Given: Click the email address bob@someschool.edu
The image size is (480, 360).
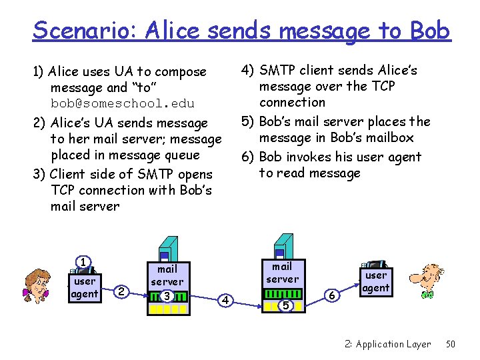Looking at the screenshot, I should (x=123, y=103).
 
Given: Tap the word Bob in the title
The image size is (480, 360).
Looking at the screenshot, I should (x=429, y=29).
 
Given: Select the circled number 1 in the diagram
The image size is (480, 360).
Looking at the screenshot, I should (x=83, y=262).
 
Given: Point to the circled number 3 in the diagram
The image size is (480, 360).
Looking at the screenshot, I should (x=167, y=296).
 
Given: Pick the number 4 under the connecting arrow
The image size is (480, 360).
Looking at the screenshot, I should (x=226, y=301).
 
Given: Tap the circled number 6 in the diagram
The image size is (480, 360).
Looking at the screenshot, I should (x=333, y=294).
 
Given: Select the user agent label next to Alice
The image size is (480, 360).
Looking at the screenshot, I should (x=85, y=287).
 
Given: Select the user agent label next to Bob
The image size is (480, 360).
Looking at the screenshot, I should (x=376, y=281).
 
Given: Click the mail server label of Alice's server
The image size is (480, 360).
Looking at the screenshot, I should (x=167, y=275).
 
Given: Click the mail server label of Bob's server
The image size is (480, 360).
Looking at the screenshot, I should (x=282, y=273).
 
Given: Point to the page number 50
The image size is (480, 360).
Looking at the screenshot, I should (x=451, y=344).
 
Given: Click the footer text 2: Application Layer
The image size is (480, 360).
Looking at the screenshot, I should (x=387, y=344).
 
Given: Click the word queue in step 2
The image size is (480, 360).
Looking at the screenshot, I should (x=181, y=155).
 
